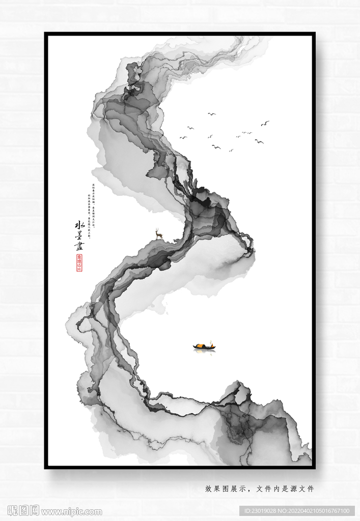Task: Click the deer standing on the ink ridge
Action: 159,235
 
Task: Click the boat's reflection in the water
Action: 204,352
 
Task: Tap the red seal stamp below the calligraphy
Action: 79,263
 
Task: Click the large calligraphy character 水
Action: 79,225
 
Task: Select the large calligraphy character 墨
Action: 79,236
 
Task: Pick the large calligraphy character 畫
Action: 79,246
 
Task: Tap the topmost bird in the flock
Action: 211,114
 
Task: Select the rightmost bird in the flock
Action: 265,123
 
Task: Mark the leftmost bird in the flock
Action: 183,137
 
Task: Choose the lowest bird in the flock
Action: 231,151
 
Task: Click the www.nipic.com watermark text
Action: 71,512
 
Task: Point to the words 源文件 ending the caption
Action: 304,489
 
